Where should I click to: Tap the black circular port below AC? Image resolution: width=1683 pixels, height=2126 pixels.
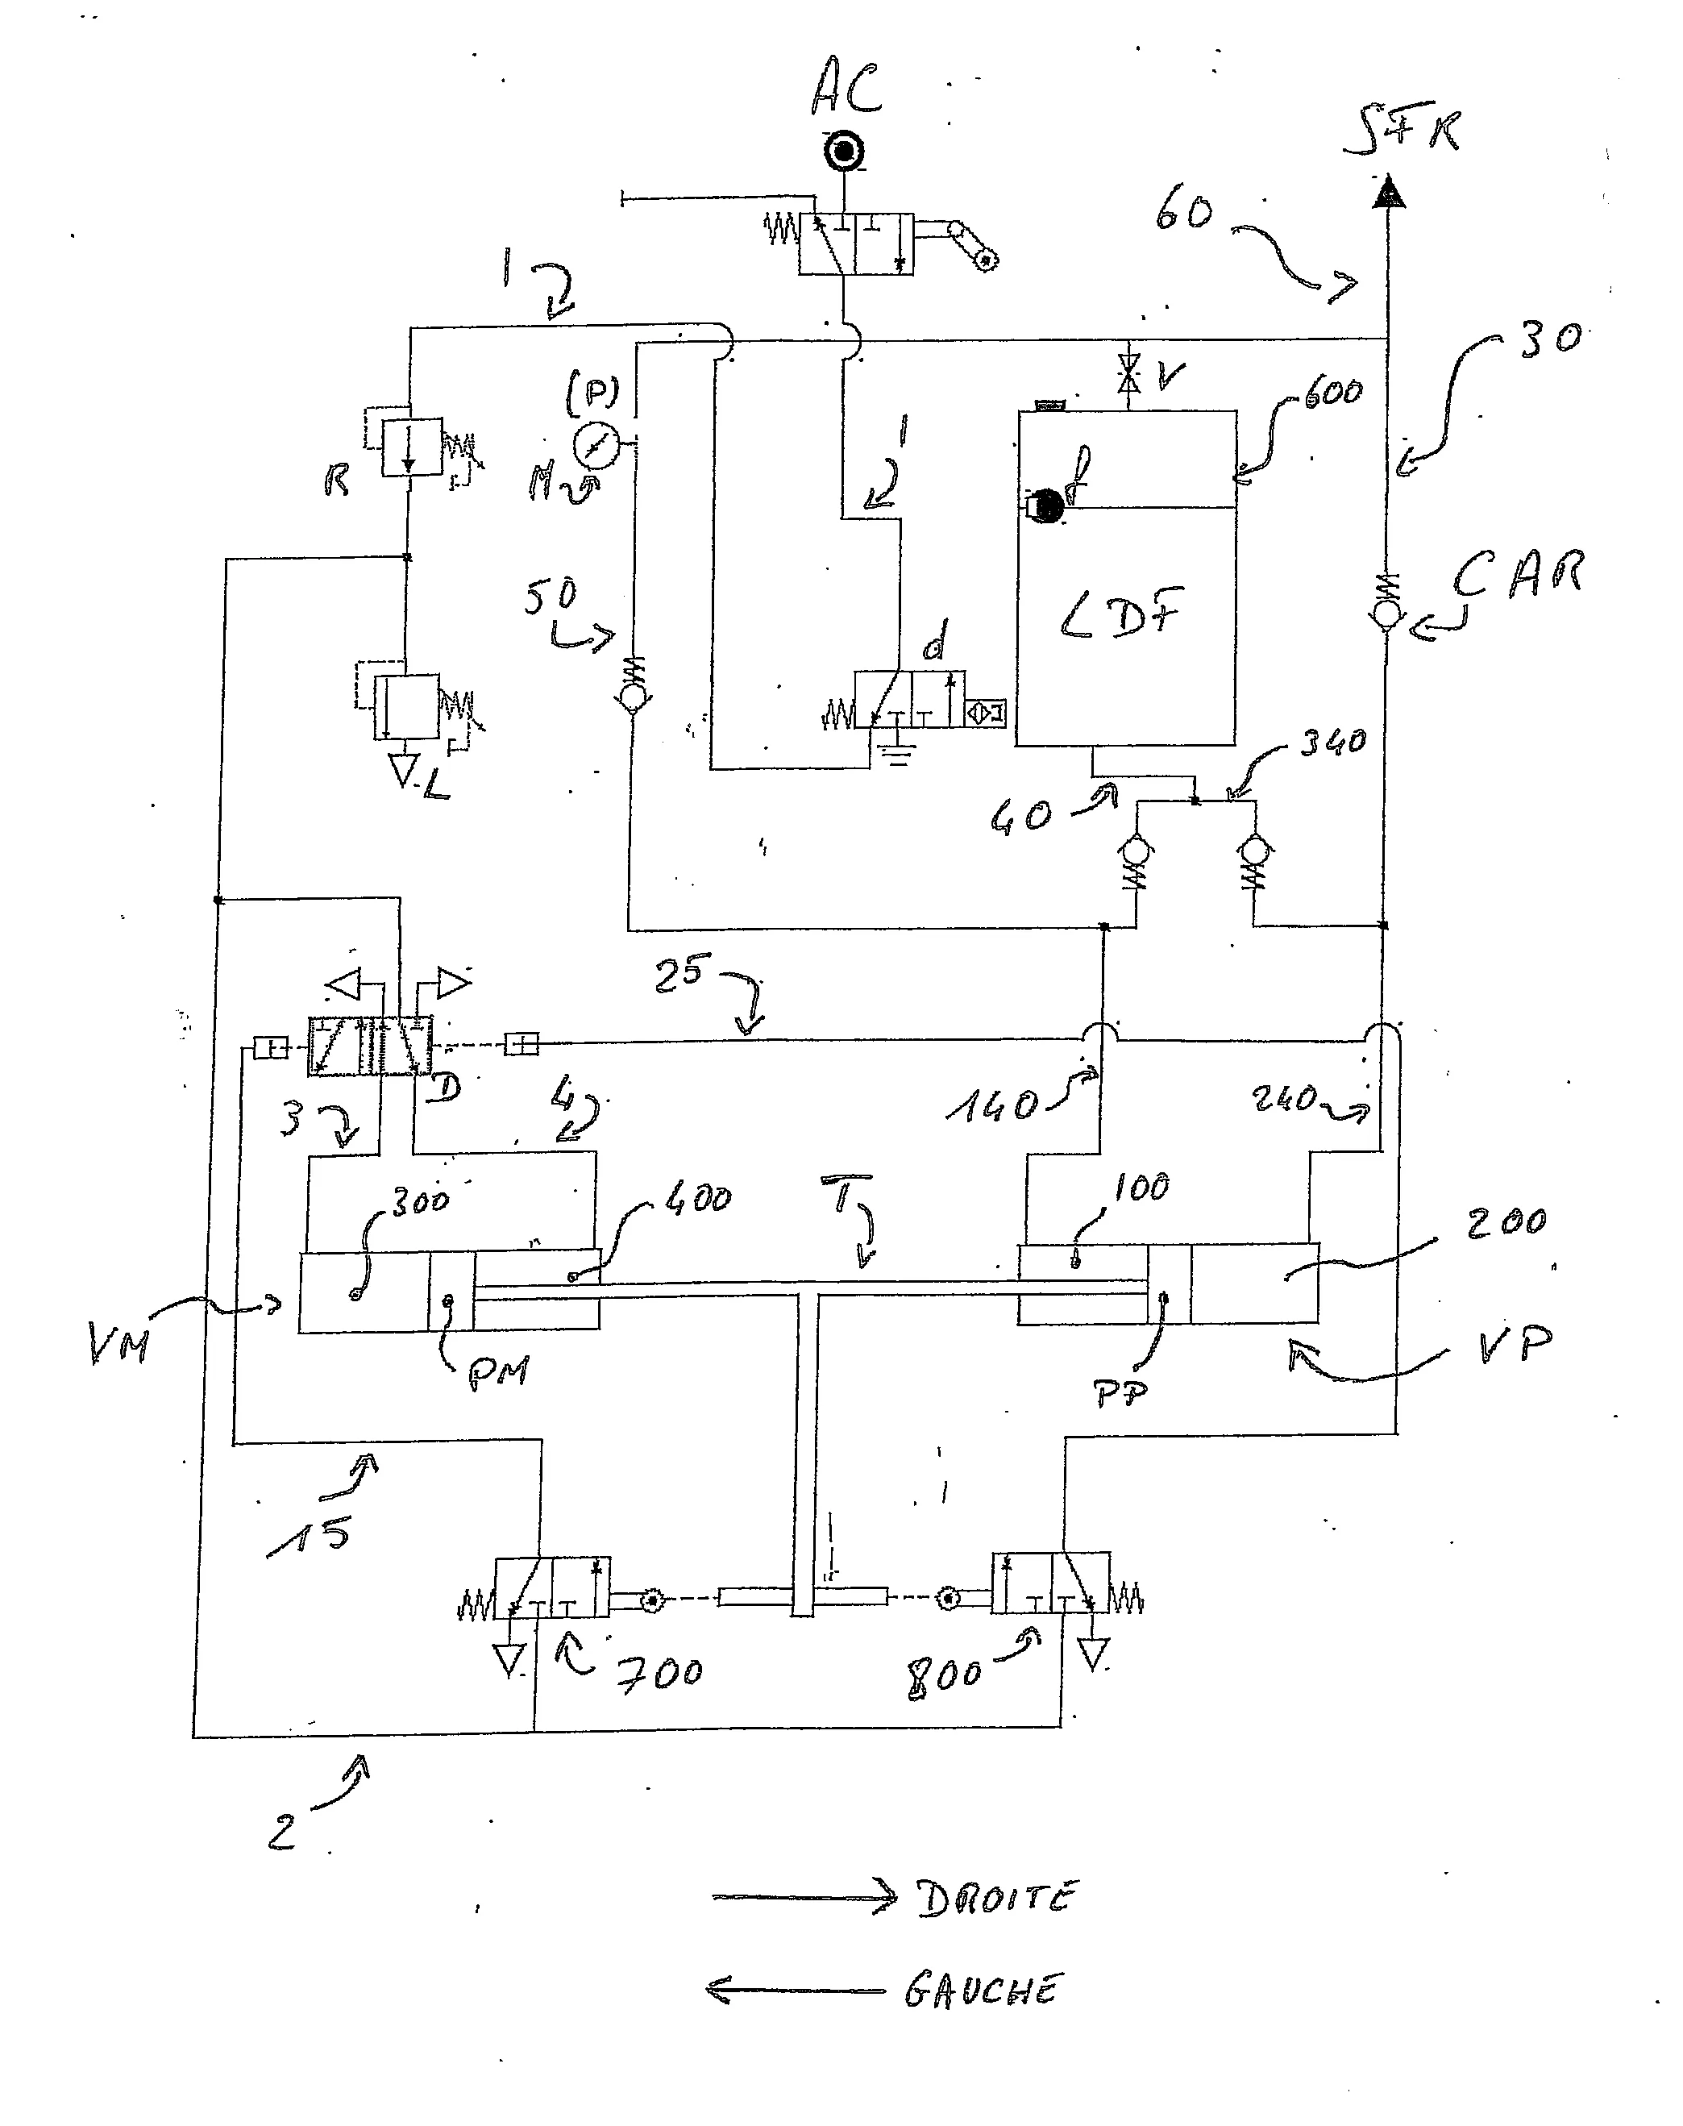click(x=843, y=152)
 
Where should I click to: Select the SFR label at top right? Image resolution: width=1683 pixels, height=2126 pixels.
click(x=1403, y=133)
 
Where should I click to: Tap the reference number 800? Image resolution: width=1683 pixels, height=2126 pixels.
click(x=943, y=1675)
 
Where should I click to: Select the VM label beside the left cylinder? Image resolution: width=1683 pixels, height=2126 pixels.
click(x=119, y=1342)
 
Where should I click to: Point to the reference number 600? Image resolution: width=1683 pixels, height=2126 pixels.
click(x=1332, y=393)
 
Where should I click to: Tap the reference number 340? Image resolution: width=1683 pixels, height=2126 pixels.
click(x=1332, y=741)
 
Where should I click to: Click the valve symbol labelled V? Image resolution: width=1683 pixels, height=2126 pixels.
click(x=1130, y=376)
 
